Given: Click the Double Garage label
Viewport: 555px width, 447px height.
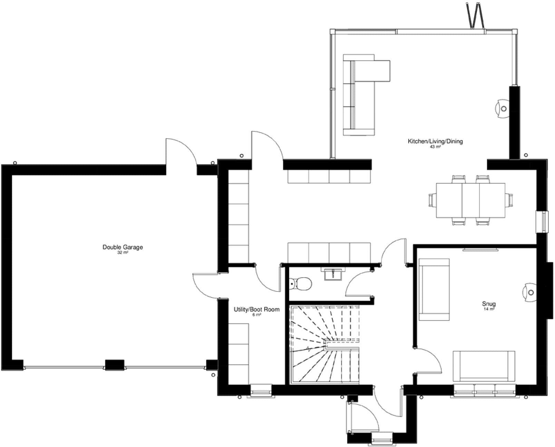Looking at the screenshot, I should pyautogui.click(x=123, y=247).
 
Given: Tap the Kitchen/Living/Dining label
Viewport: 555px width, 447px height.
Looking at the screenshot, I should pyautogui.click(x=435, y=141).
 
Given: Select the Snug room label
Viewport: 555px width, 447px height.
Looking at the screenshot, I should pyautogui.click(x=489, y=304).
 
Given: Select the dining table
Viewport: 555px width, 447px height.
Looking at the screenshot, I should pyautogui.click(x=470, y=200).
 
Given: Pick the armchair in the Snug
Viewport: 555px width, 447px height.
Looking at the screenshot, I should pyautogui.click(x=434, y=290).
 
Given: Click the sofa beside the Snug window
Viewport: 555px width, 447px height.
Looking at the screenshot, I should pyautogui.click(x=484, y=366).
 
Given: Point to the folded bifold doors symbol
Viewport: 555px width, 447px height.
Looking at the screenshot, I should pyautogui.click(x=475, y=16).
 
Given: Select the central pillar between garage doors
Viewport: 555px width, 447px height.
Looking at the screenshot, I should pyautogui.click(x=115, y=365).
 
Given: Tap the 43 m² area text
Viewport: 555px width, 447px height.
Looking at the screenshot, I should pyautogui.click(x=435, y=147).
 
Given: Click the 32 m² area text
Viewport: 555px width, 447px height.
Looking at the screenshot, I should pyautogui.click(x=123, y=253).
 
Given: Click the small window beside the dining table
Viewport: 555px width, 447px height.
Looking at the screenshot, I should pyautogui.click(x=542, y=222).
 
